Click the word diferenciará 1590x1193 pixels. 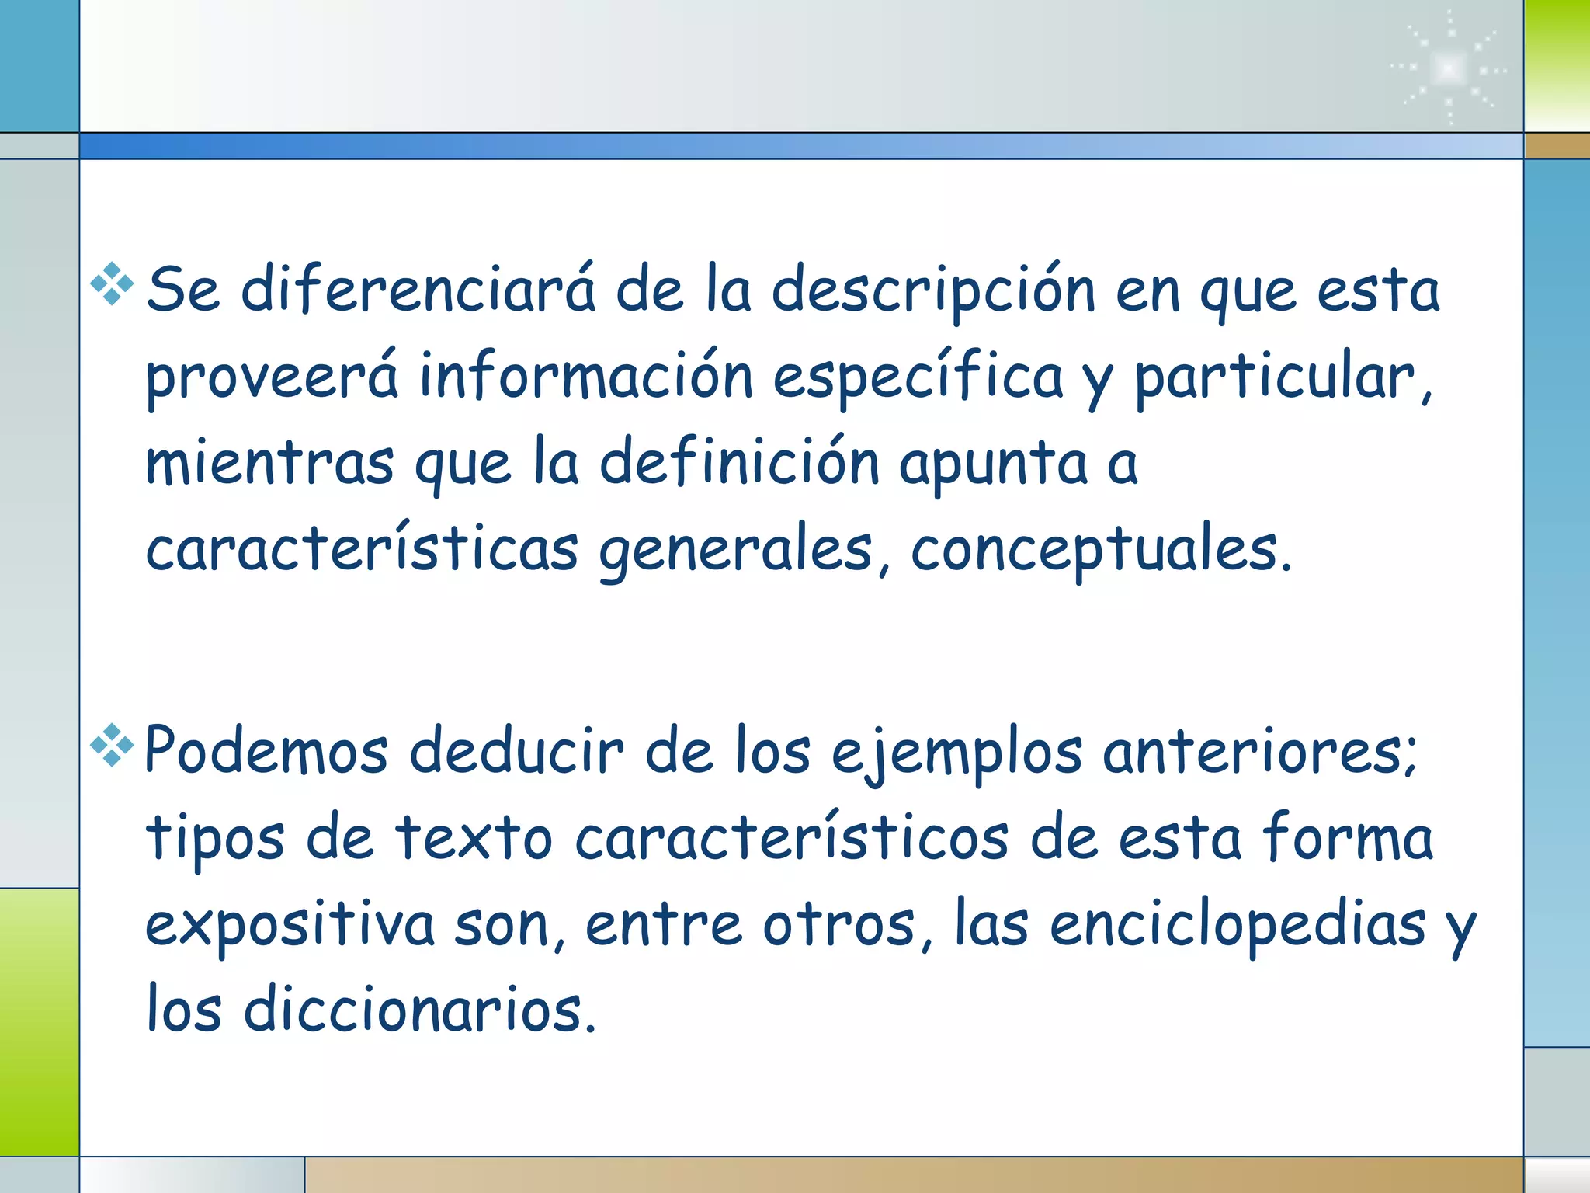pyautogui.click(x=418, y=290)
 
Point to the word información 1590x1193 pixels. pyautogui.click(x=586, y=377)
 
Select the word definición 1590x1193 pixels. pyautogui.click(x=739, y=463)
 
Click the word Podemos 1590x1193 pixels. pyautogui.click(x=266, y=751)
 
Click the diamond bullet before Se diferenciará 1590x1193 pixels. pyautogui.click(x=113, y=284)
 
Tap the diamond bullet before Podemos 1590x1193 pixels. pyautogui.click(x=113, y=745)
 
